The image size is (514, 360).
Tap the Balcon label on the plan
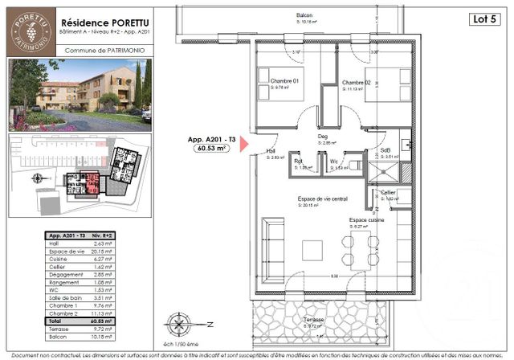click(x=304, y=14)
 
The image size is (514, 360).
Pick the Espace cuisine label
click(x=366, y=219)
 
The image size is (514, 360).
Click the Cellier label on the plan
click(x=388, y=193)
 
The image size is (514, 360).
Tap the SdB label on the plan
click(x=385, y=151)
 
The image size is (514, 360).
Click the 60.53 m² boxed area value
click(x=210, y=149)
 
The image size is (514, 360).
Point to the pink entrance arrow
click(x=247, y=144)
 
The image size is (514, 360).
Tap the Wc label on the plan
click(x=334, y=162)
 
